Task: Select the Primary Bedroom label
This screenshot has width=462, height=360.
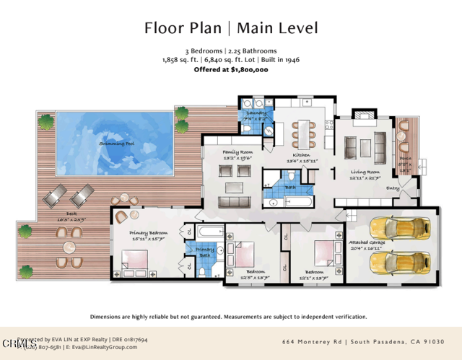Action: pos(148,233)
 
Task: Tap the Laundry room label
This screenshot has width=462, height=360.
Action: pos(256,113)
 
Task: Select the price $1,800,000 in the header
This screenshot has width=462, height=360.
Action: pos(250,70)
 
